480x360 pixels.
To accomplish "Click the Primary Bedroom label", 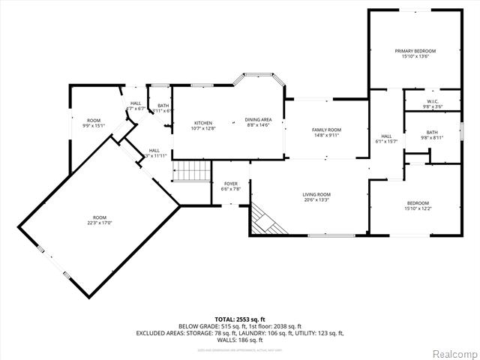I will pos(415,51).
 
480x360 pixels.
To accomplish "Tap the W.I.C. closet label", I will pos(433,101).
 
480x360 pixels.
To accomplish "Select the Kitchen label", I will pos(203,123).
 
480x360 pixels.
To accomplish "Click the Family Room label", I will pos(326,130).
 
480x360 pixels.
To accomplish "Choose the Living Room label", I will pos(316,194).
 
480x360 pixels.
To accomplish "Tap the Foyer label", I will pos(231,184).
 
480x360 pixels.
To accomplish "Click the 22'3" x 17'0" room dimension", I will pos(100,222).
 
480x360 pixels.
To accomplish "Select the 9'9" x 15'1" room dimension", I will pos(94,125).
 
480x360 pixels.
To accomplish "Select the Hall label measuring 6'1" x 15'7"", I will pos(385,137).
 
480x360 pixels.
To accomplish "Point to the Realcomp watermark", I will pos(452,352).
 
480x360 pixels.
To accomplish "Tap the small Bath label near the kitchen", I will pos(163,106).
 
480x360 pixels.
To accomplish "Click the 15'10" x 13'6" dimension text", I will pos(415,56).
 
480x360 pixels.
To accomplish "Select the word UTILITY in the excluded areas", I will pos(304,333).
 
